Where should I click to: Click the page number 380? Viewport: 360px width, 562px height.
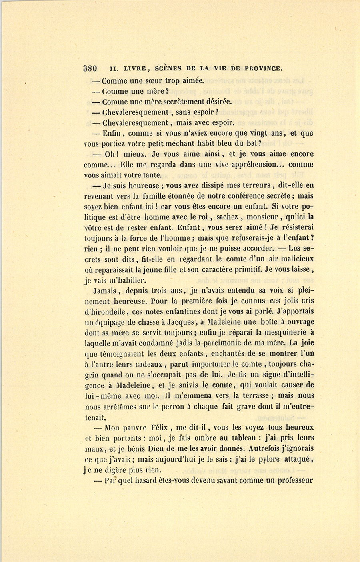(90, 68)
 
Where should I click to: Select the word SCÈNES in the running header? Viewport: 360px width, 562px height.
(172, 68)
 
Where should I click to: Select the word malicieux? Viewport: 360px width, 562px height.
(294, 259)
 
